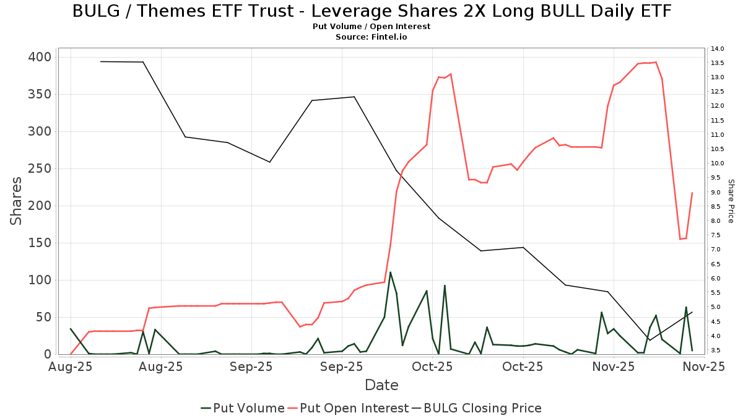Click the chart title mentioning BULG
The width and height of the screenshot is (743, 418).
[x=371, y=11]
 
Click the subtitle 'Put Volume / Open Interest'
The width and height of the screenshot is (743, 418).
[x=371, y=27]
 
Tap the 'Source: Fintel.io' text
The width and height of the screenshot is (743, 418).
[x=371, y=37]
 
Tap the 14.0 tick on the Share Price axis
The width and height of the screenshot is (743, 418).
[x=718, y=49]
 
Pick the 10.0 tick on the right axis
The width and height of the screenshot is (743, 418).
[x=718, y=163]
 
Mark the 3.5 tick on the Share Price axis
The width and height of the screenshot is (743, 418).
[x=718, y=351]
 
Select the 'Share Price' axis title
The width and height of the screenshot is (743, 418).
[x=731, y=201]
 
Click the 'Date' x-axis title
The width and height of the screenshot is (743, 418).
[x=381, y=385]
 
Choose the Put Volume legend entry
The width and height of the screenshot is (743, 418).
[x=243, y=408]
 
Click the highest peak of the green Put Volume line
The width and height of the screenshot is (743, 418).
[x=390, y=272]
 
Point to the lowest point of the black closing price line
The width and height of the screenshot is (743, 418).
[x=650, y=340]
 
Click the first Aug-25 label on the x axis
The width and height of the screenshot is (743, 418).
[x=71, y=367]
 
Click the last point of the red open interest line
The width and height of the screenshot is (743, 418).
[x=692, y=193]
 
